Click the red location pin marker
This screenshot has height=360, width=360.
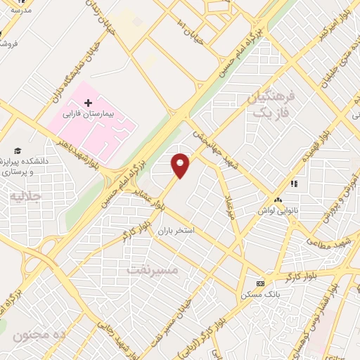pyautogui.click(x=181, y=165)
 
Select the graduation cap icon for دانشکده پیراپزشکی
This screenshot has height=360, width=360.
pyautogui.click(x=17, y=151)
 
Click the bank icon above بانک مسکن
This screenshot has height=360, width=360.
pyautogui.click(x=261, y=283)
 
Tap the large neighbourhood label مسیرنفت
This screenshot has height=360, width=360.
pyautogui.click(x=153, y=269)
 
